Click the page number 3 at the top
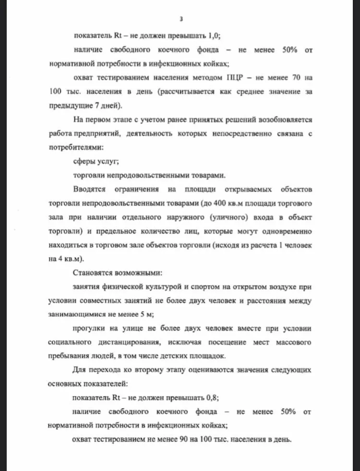pos(180,19)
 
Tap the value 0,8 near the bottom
pos(213,398)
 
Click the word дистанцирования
pos(130,342)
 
